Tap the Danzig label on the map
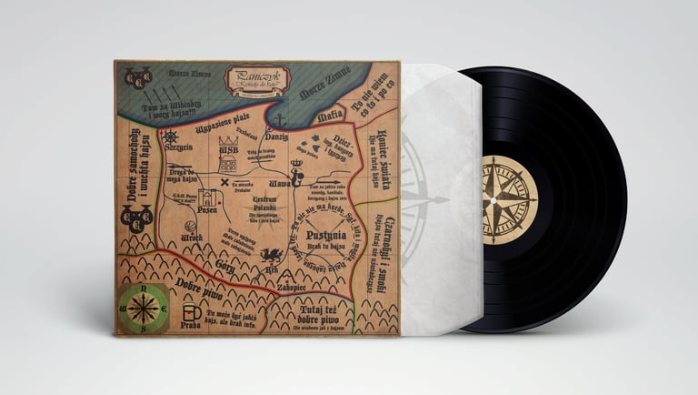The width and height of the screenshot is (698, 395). [277, 136]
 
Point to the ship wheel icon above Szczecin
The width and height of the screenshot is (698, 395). [170, 136]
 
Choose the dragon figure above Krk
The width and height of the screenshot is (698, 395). [269, 253]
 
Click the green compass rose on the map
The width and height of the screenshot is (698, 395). [142, 306]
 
